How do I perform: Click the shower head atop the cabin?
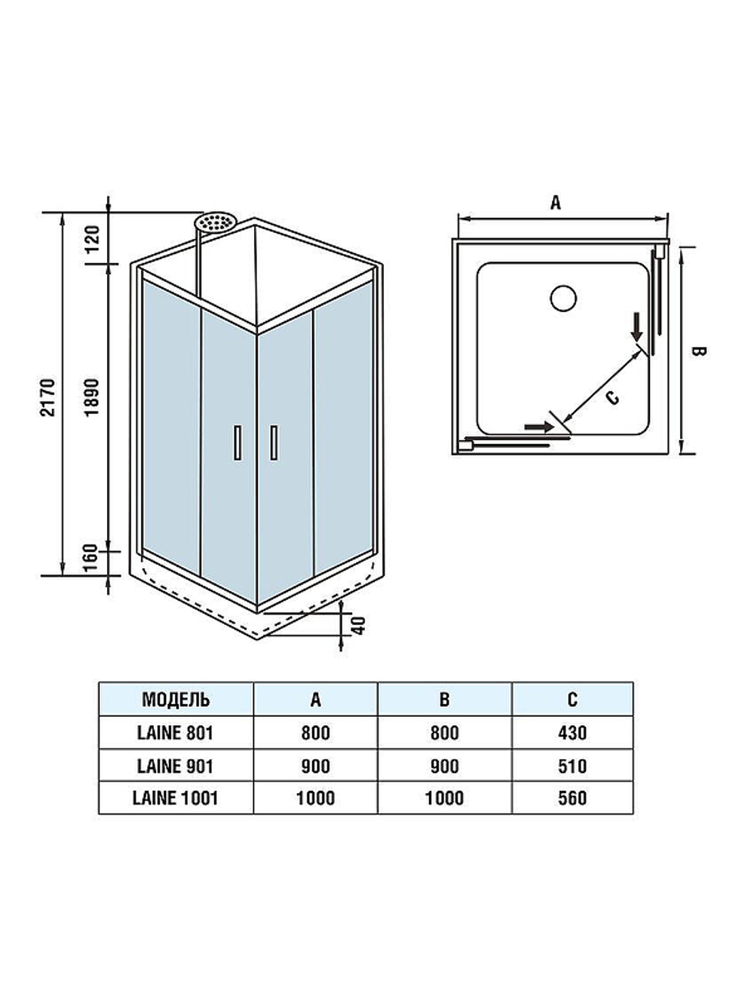tap(216, 222)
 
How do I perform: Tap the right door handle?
tap(274, 443)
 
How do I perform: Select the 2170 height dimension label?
tap(49, 397)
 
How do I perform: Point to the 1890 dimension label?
tap(92, 397)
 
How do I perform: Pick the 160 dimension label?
tap(92, 558)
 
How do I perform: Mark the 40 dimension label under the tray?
tap(360, 625)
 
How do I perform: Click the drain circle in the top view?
tap(563, 299)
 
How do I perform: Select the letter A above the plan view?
tap(556, 202)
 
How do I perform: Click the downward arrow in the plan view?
tap(637, 326)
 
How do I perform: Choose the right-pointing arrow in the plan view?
tap(538, 427)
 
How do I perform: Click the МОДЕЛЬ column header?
tap(176, 699)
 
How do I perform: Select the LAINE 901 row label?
tap(176, 766)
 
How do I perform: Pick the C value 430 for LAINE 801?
tap(572, 732)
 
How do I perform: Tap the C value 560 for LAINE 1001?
tap(572, 798)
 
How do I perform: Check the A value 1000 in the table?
tap(315, 798)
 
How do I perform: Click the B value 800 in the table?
tap(444, 732)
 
